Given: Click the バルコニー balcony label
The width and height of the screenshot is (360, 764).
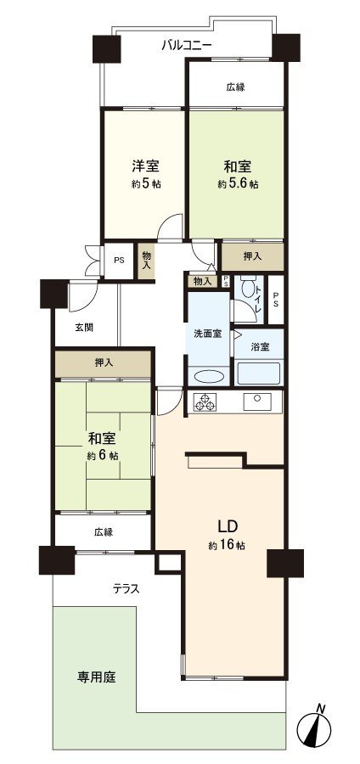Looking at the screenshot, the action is coord(187,47).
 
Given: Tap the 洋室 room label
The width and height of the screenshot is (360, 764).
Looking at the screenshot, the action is coord(145,166).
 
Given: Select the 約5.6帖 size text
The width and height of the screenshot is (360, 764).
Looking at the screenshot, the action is coord(238,184).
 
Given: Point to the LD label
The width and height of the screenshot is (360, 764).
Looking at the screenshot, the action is coord(227,526).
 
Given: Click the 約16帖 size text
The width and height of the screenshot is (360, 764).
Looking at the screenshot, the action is coord(227,546).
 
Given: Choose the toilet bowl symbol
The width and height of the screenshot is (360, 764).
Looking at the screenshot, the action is coord(249,289).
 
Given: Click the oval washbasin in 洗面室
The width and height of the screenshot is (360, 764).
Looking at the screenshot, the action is coord(209,377).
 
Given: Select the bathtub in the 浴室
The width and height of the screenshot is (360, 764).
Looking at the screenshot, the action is coord(258,374).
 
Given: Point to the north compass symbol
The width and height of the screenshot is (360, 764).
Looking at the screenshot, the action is coord(314,727).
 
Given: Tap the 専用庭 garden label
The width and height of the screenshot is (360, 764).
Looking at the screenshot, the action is coord(97,677).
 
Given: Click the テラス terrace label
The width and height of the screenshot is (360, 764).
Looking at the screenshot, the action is coord(127,589).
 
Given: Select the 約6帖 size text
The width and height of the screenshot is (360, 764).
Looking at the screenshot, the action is coord(102,456).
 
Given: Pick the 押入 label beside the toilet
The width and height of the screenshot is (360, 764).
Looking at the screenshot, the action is coord(252,256).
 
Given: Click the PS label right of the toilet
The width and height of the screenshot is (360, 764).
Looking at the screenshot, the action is coord(276,299).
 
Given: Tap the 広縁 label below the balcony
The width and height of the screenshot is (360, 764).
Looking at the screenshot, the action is coord(235,87).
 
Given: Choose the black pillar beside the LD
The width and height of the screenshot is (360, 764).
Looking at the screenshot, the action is coord(285,564).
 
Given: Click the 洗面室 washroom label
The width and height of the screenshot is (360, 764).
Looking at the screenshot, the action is coord(208,334).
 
